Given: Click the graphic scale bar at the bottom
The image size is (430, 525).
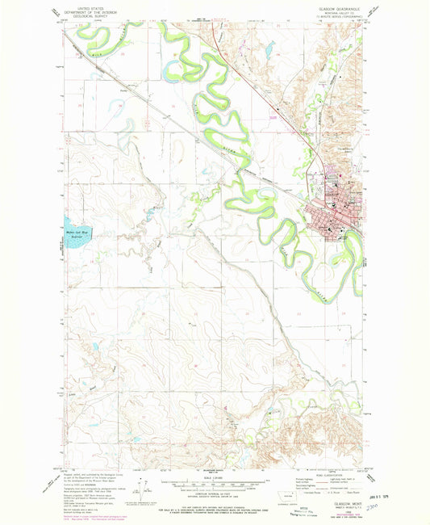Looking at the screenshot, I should coord(215,486).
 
